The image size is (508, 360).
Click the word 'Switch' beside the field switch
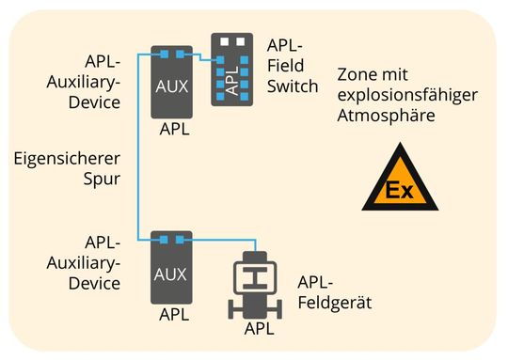pos(293,86)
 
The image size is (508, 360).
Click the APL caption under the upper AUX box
pos(171,130)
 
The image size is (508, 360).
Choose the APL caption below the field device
pos(259,328)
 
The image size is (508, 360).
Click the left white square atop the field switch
pos(224,42)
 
